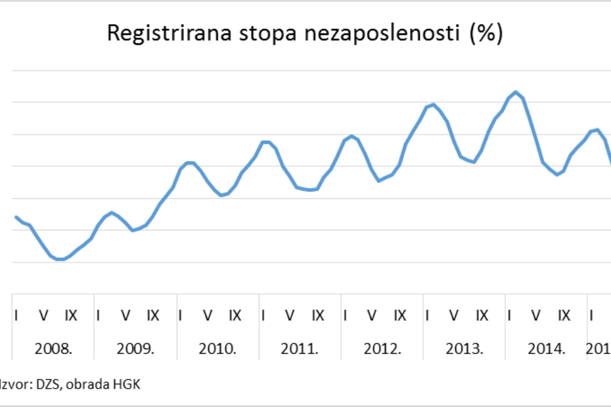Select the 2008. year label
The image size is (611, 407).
click(x=54, y=348)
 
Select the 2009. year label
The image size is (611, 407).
click(x=136, y=348)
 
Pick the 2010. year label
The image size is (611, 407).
click(x=218, y=348)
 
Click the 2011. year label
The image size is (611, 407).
click(x=300, y=348)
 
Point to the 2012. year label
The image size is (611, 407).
click(x=382, y=348)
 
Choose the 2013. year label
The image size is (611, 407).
click(x=464, y=348)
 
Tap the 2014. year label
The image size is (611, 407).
click(x=547, y=348)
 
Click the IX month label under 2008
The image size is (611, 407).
click(x=70, y=316)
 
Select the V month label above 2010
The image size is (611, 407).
click(x=208, y=316)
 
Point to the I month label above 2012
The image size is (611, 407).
click(x=345, y=316)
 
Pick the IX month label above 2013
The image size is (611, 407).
click(x=482, y=316)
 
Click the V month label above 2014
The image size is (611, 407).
click(x=536, y=316)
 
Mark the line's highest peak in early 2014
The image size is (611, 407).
click(x=516, y=92)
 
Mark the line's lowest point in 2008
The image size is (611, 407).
click(x=60, y=259)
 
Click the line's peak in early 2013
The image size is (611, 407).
click(x=433, y=104)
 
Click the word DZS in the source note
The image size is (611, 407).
click(x=47, y=385)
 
